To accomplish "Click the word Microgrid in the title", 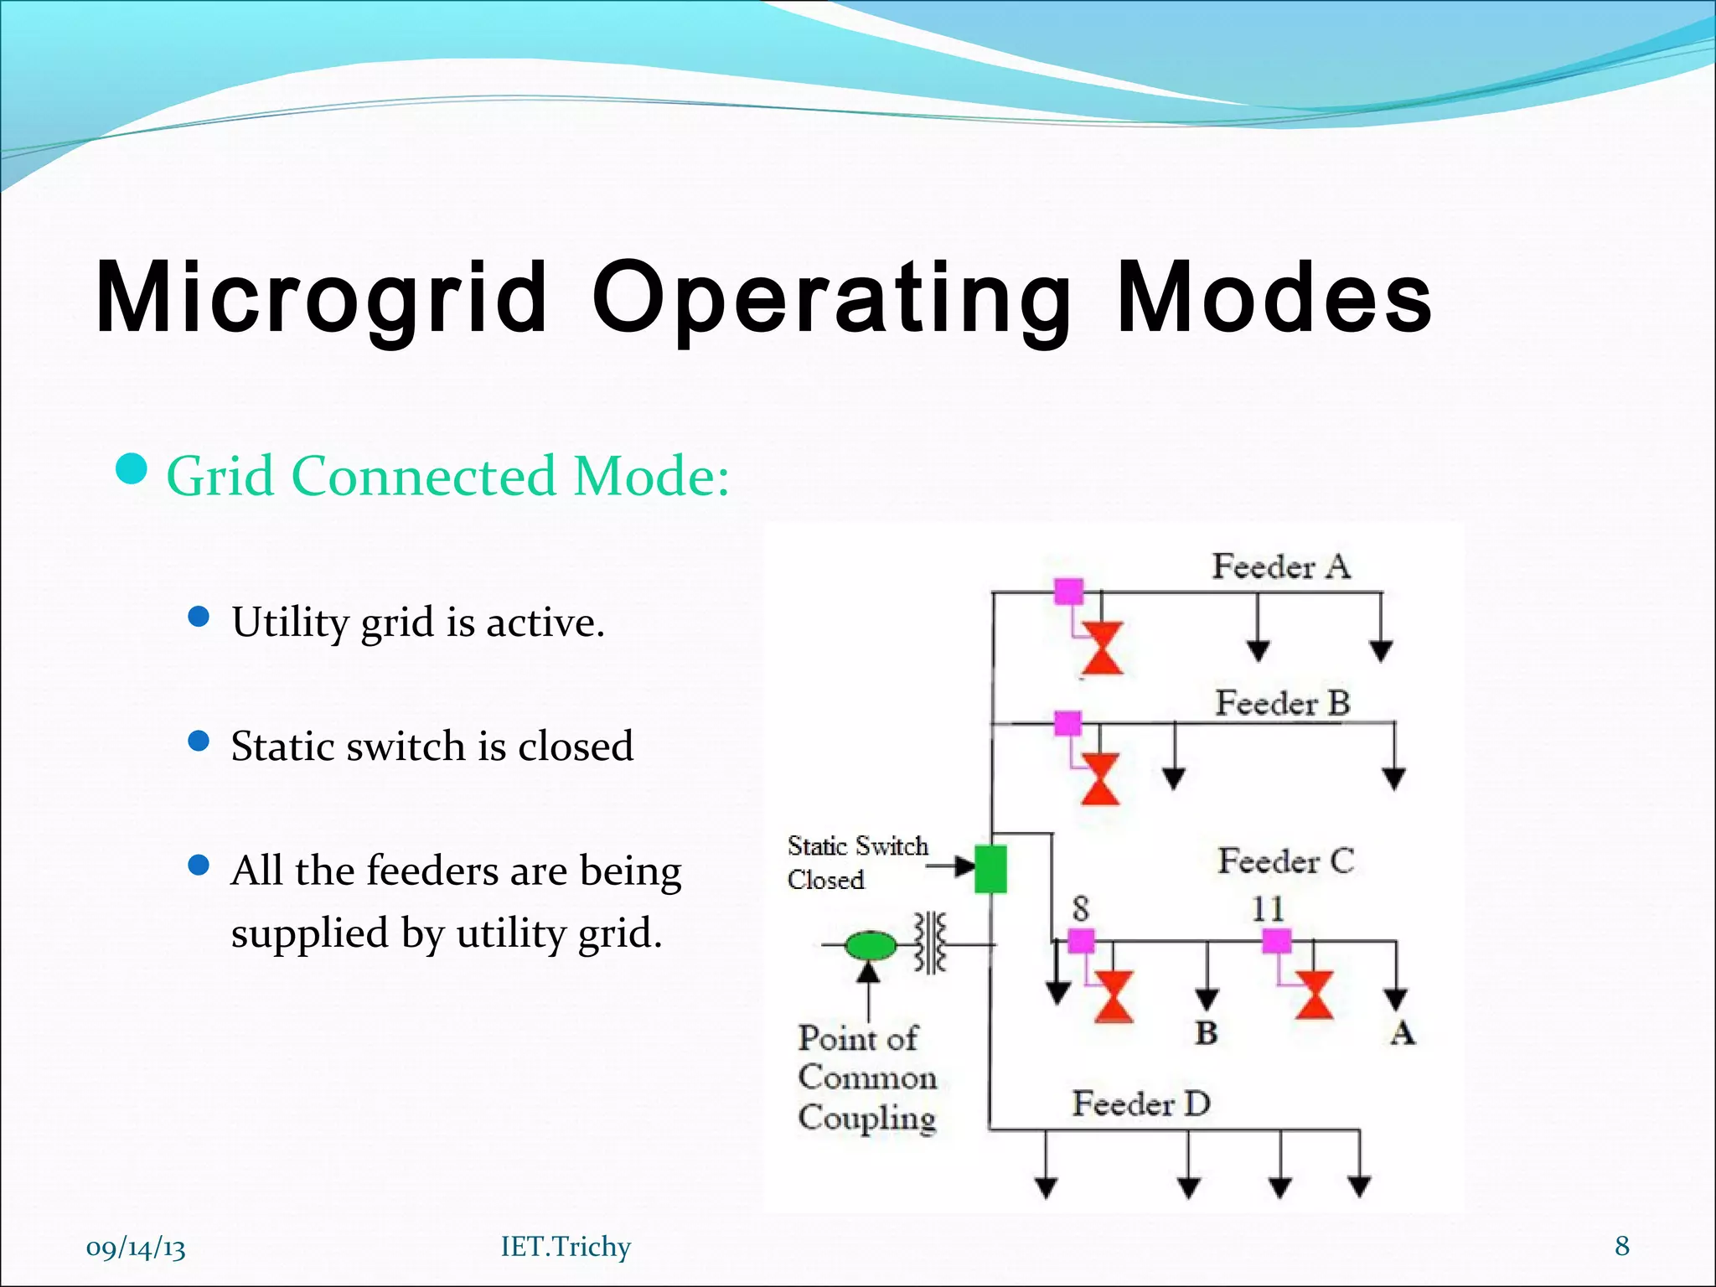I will [x=322, y=297].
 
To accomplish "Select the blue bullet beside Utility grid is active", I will [x=199, y=618].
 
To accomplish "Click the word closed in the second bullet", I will [x=576, y=746].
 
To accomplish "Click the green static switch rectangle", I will [x=990, y=869].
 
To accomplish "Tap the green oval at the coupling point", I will [x=870, y=946].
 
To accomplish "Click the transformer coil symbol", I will [x=930, y=943].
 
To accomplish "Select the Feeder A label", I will [x=1280, y=567].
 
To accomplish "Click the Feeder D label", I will [x=1141, y=1104].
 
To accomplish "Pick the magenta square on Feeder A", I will [x=1068, y=592].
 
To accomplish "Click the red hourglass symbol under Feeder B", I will [x=1100, y=778].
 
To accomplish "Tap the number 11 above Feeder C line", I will [x=1268, y=909].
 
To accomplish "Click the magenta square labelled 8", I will [x=1081, y=941].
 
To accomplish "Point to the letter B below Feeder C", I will [x=1206, y=1033].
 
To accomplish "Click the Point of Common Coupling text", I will [x=866, y=1078].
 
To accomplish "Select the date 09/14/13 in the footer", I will [x=136, y=1248].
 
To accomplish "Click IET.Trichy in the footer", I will [x=566, y=1247].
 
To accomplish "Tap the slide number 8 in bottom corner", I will [x=1622, y=1246].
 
